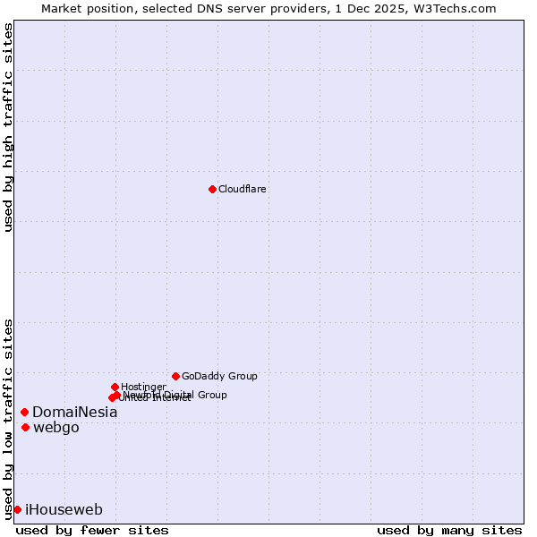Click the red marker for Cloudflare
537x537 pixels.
coord(212,189)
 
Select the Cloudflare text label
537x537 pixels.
coord(243,189)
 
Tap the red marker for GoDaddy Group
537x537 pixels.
coord(175,376)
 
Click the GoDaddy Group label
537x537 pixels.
coord(219,376)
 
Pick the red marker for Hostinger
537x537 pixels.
coord(115,387)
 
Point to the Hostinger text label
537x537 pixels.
coord(143,387)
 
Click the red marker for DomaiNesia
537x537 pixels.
coord(24,412)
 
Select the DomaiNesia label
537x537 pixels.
coord(74,413)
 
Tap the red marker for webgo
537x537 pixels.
coord(25,427)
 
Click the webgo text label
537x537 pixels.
coord(55,428)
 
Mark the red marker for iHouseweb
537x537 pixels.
coord(17,509)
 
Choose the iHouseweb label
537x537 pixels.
coord(64,510)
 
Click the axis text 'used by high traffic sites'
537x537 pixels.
coord(8,127)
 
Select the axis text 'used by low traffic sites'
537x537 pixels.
coord(8,418)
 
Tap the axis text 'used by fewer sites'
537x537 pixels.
coord(92,530)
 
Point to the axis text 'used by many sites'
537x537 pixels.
coord(449,530)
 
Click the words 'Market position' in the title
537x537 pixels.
coord(83,8)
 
